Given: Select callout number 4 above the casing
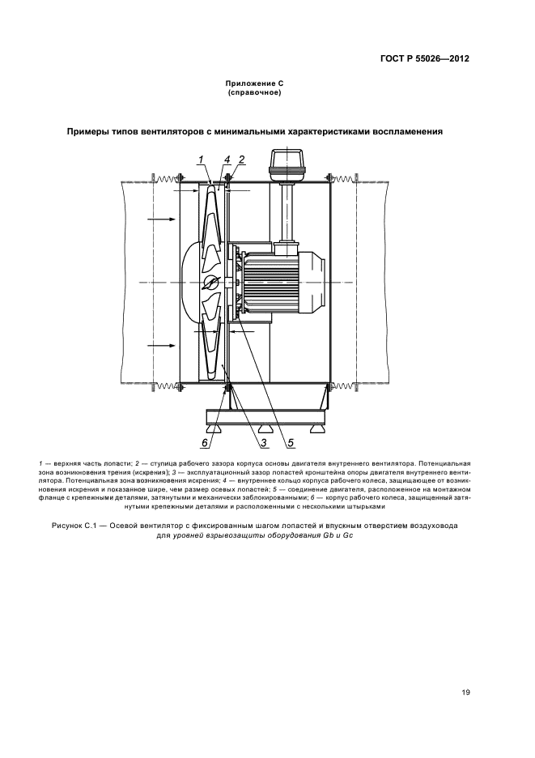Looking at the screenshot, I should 227,159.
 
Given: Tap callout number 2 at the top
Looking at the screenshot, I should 241,159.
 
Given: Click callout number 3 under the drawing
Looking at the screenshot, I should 264,442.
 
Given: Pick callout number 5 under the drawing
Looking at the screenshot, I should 289,442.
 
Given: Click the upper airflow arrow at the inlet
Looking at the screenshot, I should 162,219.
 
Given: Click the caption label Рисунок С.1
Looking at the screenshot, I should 97,526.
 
